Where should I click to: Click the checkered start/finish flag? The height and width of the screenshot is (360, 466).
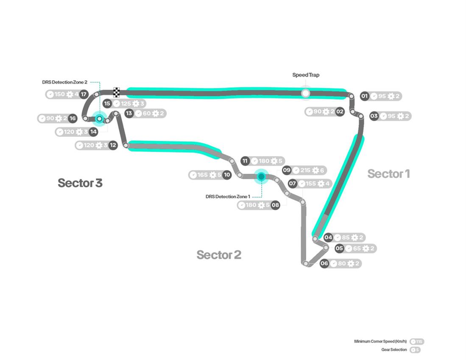[117, 92]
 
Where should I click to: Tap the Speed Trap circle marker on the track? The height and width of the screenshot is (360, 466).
[305, 93]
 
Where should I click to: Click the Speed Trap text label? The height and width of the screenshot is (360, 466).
[306, 75]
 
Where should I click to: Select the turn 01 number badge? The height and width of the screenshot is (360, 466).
[364, 96]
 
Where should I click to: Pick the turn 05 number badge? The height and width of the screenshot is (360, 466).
[339, 248]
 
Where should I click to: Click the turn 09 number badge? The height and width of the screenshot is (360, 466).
[287, 170]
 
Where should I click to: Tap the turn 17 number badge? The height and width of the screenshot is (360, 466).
[84, 94]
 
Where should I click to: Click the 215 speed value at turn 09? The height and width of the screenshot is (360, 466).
[305, 170]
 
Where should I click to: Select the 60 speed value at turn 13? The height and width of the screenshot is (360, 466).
[147, 113]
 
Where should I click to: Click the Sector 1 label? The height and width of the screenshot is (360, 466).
[388, 173]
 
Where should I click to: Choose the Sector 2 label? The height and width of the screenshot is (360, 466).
[219, 255]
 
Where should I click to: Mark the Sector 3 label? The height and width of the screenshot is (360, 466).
[80, 183]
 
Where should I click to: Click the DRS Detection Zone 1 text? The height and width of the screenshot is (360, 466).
[228, 196]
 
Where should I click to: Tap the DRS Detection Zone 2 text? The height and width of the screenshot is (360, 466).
[64, 82]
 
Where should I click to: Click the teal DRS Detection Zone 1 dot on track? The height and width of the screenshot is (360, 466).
[261, 176]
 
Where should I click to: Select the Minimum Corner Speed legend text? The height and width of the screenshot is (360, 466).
[380, 341]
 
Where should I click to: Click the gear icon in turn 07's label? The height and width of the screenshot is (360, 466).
[321, 184]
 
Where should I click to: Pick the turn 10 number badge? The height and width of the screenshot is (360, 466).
[227, 175]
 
